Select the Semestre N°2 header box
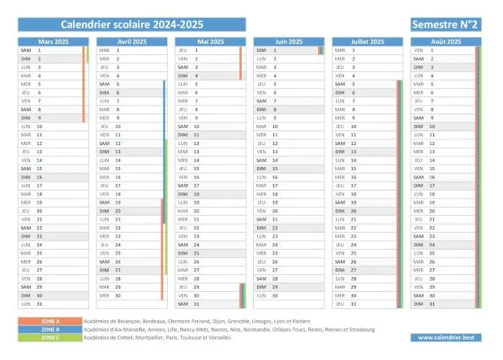(445, 24)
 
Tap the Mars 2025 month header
(53, 41)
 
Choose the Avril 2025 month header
(131, 41)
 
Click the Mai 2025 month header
(210, 41)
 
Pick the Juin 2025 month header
(289, 41)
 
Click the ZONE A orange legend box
(49, 321)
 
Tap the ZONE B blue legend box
(49, 329)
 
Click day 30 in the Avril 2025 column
(118, 296)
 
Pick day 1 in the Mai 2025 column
(196, 49)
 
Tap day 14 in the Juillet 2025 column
(355, 161)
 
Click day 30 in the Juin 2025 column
(276, 296)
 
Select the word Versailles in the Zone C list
(216, 338)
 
